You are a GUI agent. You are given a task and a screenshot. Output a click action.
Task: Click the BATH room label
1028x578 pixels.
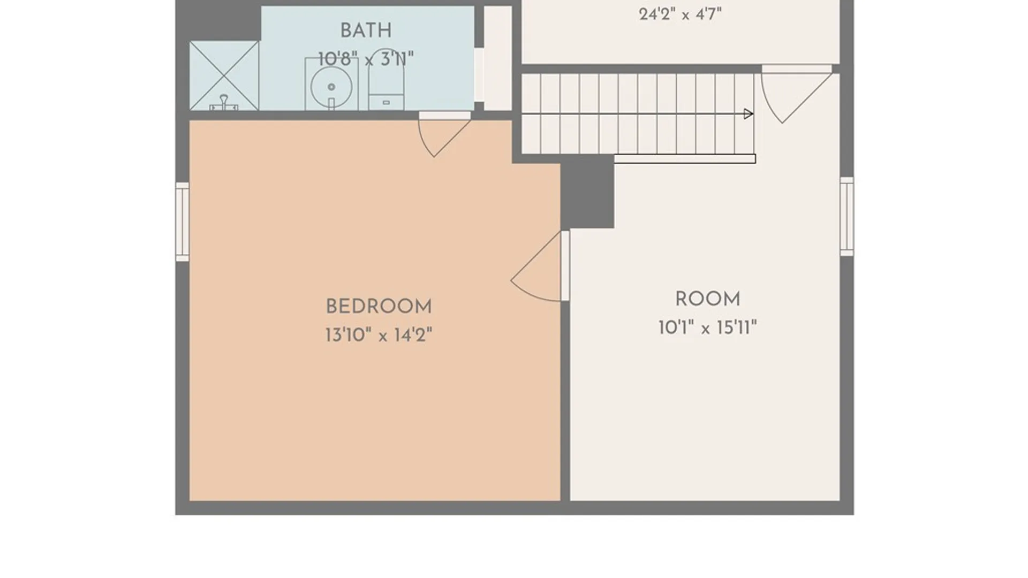366,31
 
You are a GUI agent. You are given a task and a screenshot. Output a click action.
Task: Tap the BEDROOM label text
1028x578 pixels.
379,307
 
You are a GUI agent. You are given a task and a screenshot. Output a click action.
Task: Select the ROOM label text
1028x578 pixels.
707,299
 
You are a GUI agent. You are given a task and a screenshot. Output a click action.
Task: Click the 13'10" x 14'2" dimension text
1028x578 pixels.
379,335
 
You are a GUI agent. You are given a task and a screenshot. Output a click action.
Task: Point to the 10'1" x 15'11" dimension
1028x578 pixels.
707,327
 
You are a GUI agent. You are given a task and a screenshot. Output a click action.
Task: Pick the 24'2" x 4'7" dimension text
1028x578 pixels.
680,14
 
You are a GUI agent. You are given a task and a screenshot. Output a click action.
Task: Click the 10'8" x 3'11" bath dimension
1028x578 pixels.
366,59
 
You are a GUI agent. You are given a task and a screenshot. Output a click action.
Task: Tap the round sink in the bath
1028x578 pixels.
331,86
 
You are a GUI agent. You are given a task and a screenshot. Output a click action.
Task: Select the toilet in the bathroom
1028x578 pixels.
386,80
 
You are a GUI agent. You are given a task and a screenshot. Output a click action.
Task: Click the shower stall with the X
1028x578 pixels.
224,76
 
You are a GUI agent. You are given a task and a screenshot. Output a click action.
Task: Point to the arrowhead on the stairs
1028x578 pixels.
749,113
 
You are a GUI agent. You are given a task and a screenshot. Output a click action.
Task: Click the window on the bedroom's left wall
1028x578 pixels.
183,222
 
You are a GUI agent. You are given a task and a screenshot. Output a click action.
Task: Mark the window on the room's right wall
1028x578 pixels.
846,216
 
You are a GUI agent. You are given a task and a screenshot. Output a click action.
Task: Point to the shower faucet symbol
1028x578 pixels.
224,103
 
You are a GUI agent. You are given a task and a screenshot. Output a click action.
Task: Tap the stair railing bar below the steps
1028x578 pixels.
685,159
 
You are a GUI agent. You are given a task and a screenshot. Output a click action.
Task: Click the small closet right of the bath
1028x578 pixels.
498,58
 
